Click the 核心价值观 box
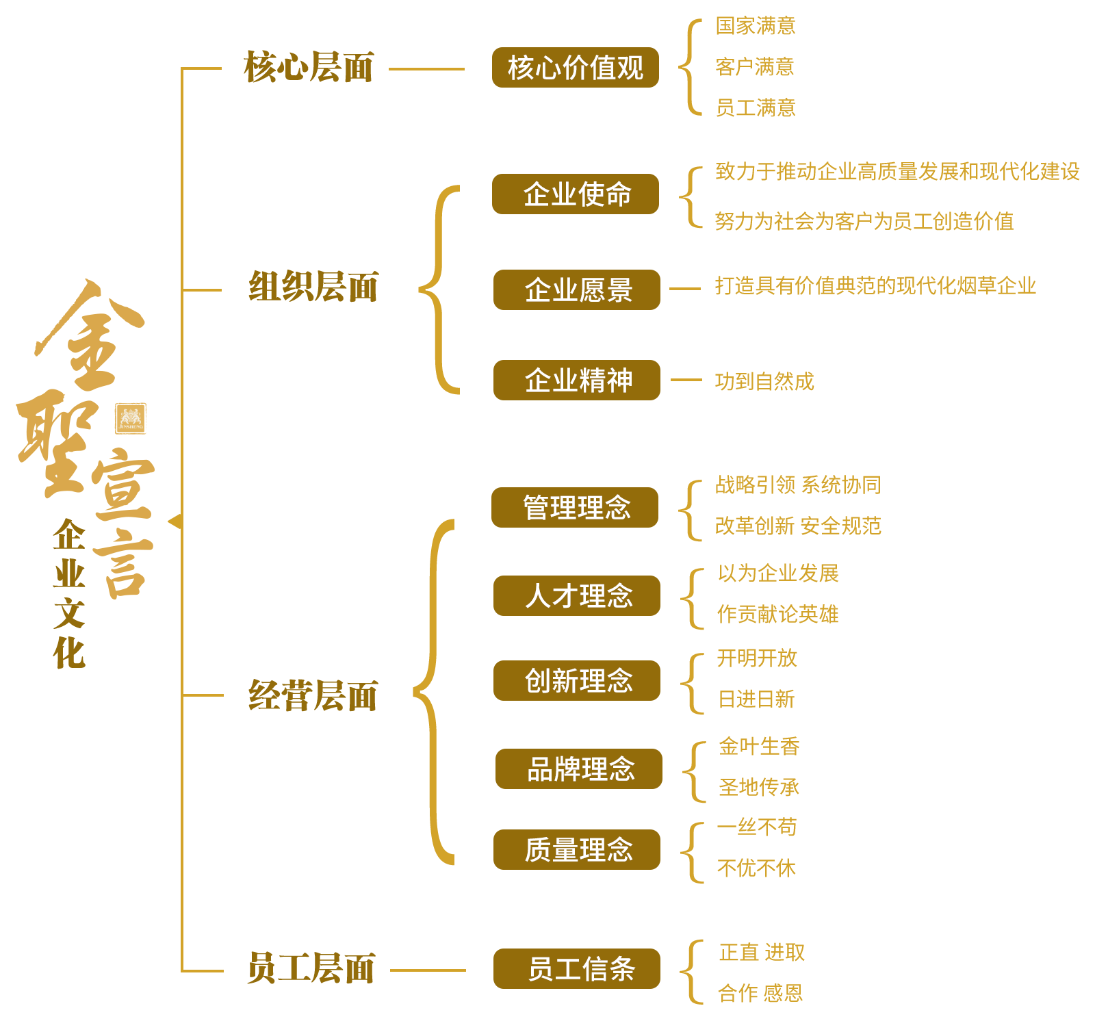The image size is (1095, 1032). click(575, 67)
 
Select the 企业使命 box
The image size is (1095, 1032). click(575, 194)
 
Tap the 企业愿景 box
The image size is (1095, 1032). click(576, 289)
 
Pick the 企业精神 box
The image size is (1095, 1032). click(576, 380)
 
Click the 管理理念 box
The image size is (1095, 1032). click(574, 507)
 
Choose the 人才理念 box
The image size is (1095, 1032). click(576, 595)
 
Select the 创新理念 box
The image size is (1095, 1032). click(576, 680)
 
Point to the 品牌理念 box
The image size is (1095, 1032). click(578, 769)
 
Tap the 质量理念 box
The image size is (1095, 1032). click(576, 849)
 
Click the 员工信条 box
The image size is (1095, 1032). click(576, 968)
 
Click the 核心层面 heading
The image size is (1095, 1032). click(309, 67)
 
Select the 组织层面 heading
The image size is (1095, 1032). click(313, 287)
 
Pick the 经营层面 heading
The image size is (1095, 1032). click(313, 696)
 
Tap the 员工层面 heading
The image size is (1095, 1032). click(311, 968)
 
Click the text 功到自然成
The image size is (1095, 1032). click(764, 380)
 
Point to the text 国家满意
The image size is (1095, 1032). click(756, 26)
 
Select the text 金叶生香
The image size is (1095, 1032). click(759, 746)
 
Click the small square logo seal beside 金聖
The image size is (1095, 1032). click(131, 418)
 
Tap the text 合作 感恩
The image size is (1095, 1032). click(760, 993)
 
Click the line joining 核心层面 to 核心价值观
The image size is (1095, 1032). click(426, 68)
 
